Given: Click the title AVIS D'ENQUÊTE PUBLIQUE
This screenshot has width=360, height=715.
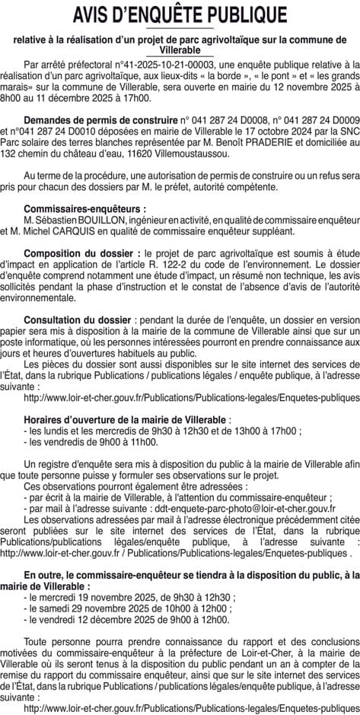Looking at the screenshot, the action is tap(180, 16).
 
